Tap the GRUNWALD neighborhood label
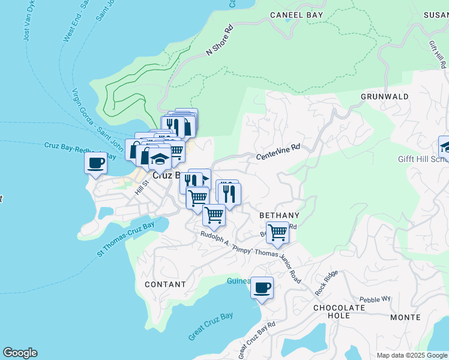[385, 96]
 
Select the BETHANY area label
[279, 215]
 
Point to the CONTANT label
[165, 284]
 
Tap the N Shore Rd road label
[218, 41]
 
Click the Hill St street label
[140, 187]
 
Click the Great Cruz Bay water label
[210, 326]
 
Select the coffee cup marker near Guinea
[262, 287]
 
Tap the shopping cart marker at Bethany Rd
[277, 232]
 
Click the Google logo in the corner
[20, 353]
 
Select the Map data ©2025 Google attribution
[412, 355]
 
